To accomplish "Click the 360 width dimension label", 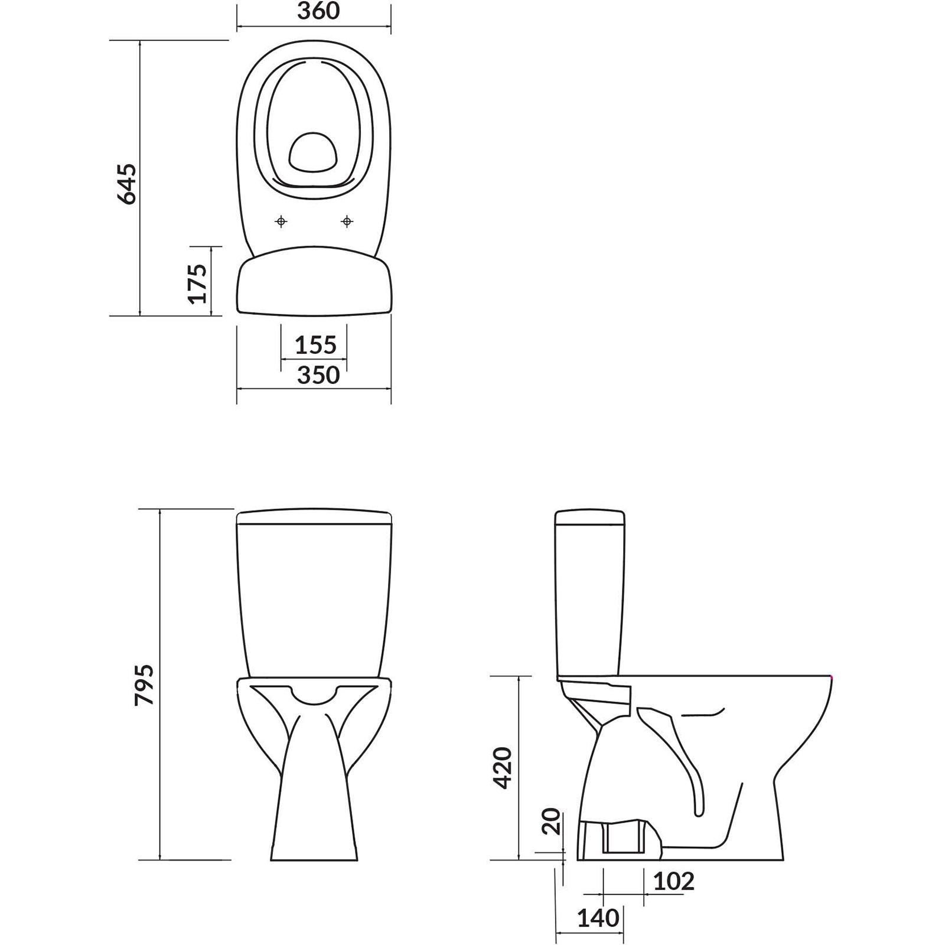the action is pos(318,11).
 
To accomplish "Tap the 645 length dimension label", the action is pos(128,184).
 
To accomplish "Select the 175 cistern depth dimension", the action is pos(198,283).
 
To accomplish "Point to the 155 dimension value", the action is pos(315,345).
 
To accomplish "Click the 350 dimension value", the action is pos(318,375).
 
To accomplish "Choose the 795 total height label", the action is pos(145,685).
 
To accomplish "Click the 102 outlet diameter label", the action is pos(674,882).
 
